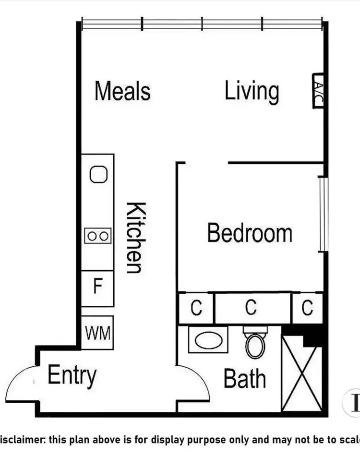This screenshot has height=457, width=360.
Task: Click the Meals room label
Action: pyautogui.click(x=122, y=91)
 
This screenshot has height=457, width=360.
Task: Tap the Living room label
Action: pyautogui.click(x=252, y=91)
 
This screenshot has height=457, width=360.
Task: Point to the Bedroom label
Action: pyautogui.click(x=250, y=233)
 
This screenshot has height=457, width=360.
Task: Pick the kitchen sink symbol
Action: pyautogui.click(x=98, y=174)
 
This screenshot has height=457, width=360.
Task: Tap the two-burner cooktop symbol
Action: pyautogui.click(x=98, y=236)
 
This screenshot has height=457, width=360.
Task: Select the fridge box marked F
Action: pyautogui.click(x=98, y=288)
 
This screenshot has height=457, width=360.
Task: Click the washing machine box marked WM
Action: pyautogui.click(x=98, y=332)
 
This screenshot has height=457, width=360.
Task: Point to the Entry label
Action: pyautogui.click(x=72, y=375)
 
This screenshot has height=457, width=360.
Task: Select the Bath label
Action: pyautogui.click(x=244, y=378)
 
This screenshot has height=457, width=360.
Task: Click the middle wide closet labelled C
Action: pyautogui.click(x=252, y=308)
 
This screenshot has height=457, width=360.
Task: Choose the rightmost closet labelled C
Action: pyautogui.click(x=308, y=308)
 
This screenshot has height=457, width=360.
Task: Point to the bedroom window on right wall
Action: pyautogui.click(x=322, y=214)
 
